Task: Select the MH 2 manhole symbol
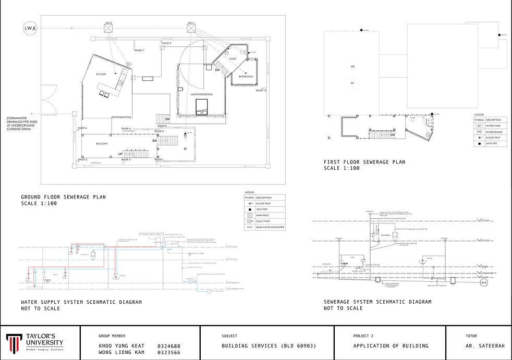(x=109, y=29)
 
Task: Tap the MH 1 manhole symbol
(x=191, y=29)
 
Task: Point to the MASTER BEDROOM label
(x=202, y=94)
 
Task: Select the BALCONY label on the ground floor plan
(x=102, y=143)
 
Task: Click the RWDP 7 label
(x=139, y=51)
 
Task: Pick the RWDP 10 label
(x=261, y=91)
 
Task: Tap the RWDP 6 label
(x=82, y=128)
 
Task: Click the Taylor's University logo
(x=35, y=342)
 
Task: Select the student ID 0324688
(x=168, y=346)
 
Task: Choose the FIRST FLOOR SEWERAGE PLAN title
(x=364, y=162)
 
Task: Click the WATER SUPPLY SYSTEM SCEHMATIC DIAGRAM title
(x=81, y=302)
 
